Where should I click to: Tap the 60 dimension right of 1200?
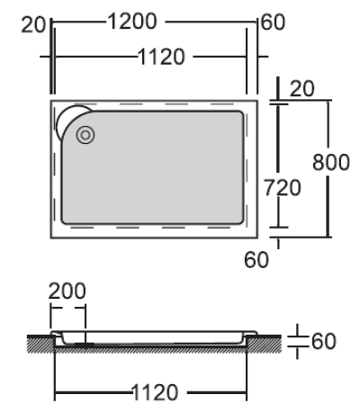click(273, 21)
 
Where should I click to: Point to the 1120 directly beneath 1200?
click(161, 58)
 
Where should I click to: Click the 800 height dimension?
click(330, 163)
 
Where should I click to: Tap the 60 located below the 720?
click(256, 261)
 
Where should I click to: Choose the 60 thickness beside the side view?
click(323, 342)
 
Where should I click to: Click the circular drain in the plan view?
click(85, 137)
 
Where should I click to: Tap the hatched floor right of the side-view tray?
click(269, 343)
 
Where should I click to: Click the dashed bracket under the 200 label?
click(67, 311)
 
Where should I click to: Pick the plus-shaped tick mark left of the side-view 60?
click(300, 342)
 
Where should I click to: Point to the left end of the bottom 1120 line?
click(56, 393)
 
